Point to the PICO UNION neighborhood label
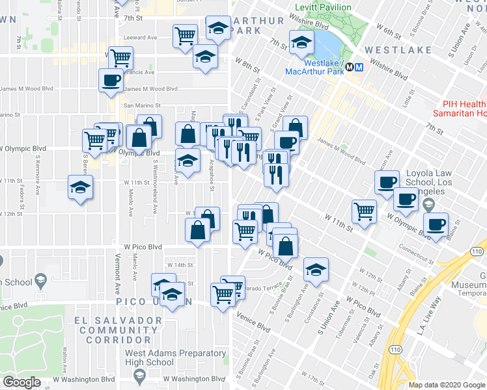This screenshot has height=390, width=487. (x=154, y=302)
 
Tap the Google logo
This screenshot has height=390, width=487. (x=21, y=382)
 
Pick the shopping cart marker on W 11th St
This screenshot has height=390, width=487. (x=364, y=210)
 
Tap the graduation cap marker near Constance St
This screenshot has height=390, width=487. (x=316, y=269)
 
